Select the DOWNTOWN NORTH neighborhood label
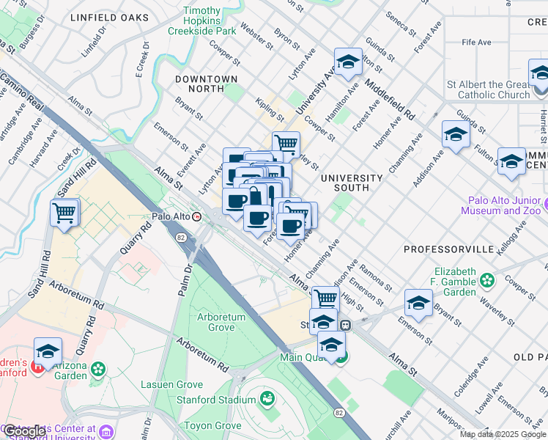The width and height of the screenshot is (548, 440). pos(206,84)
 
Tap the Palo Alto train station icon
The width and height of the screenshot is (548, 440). pos(196,216)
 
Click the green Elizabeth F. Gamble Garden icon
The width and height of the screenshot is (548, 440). pos(486,279)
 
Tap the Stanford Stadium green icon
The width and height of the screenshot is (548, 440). pos(267,399)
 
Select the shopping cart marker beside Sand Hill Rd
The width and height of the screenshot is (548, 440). pos(64,213)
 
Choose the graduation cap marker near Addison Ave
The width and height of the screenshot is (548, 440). pos(456,135)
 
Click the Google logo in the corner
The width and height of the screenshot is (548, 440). pos(25,430)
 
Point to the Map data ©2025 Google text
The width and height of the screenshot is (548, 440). pos(503,434)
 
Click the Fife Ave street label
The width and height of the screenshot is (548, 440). pos(475,43)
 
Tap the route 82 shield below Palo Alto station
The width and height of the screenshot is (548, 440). pos(180,237)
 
